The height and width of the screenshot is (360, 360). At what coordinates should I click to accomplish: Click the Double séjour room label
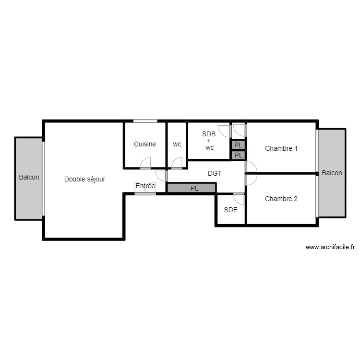click(85, 179)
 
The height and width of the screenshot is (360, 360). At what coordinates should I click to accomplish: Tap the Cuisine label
click(144, 144)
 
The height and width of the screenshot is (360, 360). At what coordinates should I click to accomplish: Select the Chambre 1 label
click(281, 148)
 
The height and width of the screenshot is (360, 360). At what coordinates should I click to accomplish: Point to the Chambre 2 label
click(281, 199)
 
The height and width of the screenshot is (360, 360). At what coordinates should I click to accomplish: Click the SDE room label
click(230, 209)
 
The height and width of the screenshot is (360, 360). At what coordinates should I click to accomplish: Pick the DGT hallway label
click(215, 173)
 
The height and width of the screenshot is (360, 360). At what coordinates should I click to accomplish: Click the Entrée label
click(145, 186)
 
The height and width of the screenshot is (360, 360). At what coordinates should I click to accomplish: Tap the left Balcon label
click(29, 177)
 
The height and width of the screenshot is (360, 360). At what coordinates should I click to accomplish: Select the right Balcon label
click(332, 173)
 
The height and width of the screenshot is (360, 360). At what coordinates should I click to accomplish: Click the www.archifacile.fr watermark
click(330, 248)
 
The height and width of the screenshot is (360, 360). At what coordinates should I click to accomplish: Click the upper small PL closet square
click(239, 144)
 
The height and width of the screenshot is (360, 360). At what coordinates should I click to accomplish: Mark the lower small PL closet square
click(239, 155)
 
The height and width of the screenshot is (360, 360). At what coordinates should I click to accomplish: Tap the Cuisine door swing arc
click(145, 165)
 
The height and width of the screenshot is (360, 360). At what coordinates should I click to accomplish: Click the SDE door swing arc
click(239, 199)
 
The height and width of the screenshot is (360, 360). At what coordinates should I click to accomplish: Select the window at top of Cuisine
click(145, 121)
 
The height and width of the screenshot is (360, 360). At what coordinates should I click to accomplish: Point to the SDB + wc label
click(209, 141)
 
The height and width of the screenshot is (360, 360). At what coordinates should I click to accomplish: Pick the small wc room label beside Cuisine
click(177, 144)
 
